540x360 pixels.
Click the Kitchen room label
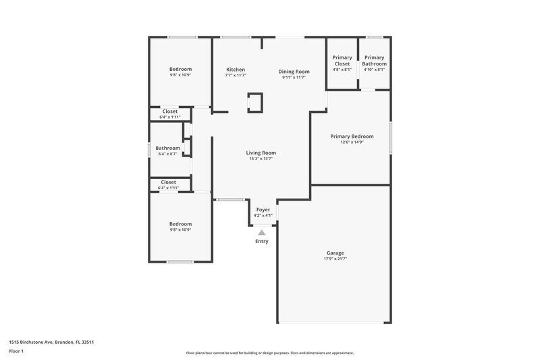[x=236, y=70]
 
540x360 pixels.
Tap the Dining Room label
[x=294, y=72]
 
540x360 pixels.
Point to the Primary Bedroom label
[x=352, y=136]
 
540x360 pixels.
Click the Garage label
[x=335, y=253]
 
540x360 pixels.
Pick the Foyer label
[x=263, y=209]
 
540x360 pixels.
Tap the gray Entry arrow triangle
[x=262, y=232]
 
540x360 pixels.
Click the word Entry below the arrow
[x=262, y=241]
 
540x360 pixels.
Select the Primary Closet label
[x=342, y=61]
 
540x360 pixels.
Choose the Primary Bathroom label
[x=374, y=61]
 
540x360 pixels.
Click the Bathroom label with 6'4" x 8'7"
[x=168, y=148]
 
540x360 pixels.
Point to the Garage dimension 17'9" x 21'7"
[x=335, y=259]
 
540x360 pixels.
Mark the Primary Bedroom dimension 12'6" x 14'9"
[x=352, y=142]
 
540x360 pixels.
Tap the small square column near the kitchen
[x=255, y=102]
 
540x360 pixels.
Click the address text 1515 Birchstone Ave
[x=51, y=342]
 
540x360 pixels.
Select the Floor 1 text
[x=17, y=352]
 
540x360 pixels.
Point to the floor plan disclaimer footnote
[x=269, y=353]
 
